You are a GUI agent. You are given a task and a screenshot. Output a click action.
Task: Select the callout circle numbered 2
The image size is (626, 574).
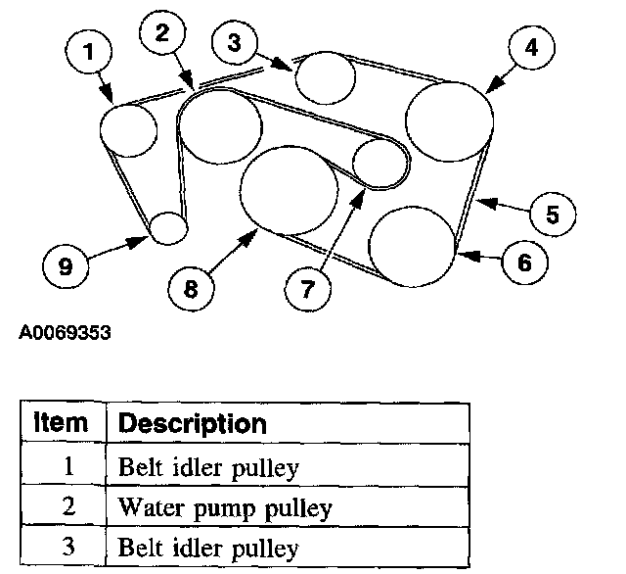(x=161, y=33)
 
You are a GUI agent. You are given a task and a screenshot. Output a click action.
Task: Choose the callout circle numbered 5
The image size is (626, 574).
(x=553, y=213)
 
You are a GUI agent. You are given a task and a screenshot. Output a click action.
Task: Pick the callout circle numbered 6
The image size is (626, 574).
(x=525, y=262)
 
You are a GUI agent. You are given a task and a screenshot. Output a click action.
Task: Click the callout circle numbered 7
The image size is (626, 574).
(x=307, y=288)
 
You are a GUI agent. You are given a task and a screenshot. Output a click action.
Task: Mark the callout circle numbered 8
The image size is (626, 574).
(x=191, y=287)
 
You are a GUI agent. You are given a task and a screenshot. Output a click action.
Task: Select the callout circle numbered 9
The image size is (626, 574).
(x=66, y=267)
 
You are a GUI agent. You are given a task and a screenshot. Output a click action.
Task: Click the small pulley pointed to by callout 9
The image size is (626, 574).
(x=167, y=227)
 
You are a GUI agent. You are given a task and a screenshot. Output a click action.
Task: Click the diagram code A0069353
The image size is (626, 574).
(x=65, y=333)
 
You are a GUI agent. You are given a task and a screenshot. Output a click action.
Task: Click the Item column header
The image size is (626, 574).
(x=61, y=423)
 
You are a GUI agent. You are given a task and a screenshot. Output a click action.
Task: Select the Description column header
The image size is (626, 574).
(x=192, y=424)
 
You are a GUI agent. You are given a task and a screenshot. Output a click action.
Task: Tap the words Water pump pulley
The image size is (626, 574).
(x=225, y=508)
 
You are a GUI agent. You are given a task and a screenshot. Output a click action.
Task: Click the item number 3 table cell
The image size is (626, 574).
(x=68, y=547)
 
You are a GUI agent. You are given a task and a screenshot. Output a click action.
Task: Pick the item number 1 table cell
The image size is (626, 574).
(x=68, y=467)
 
